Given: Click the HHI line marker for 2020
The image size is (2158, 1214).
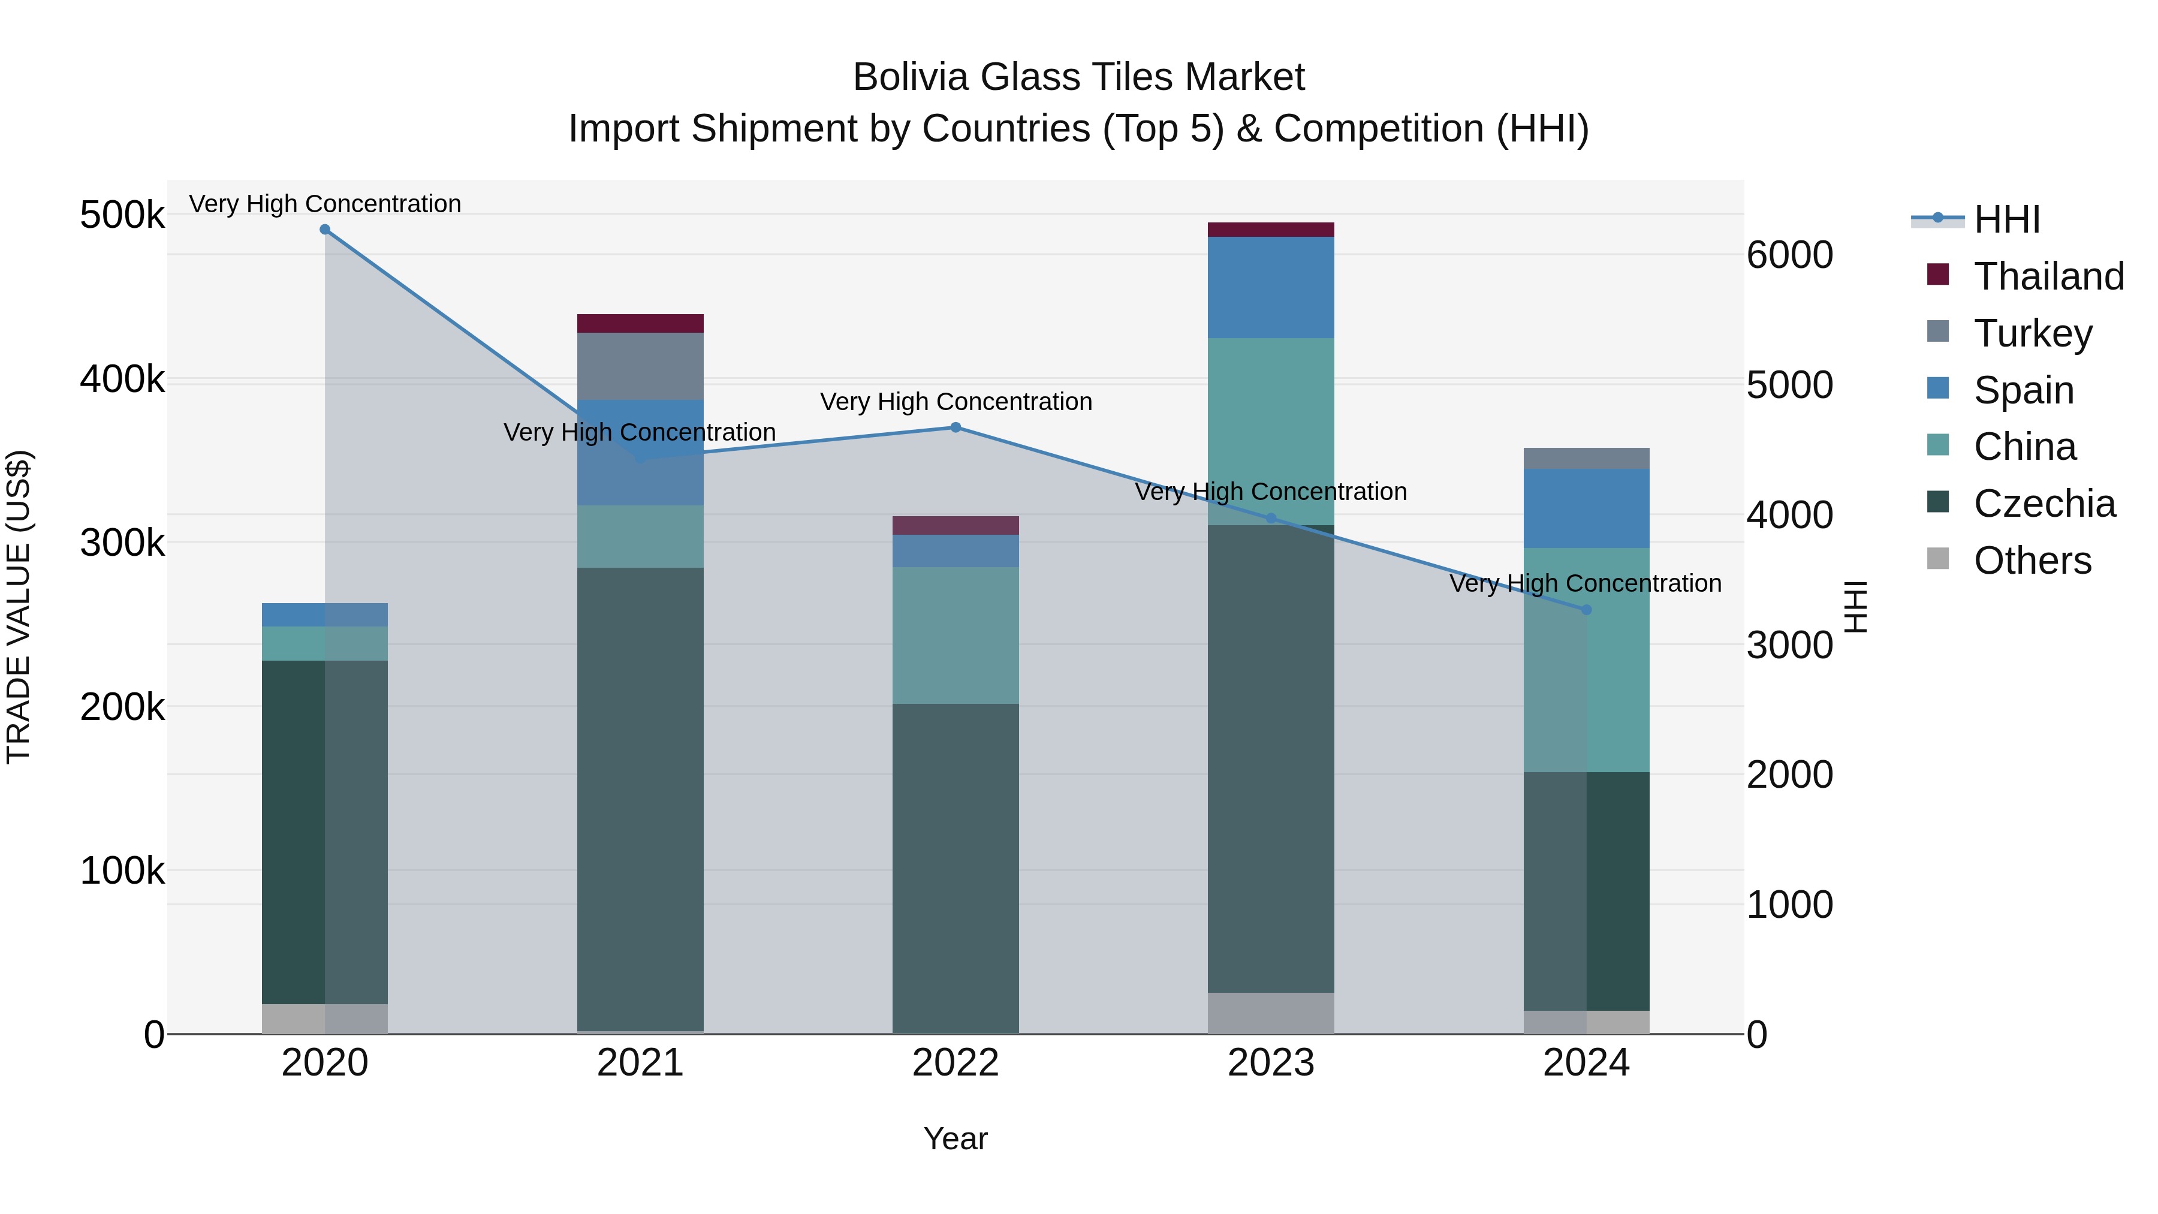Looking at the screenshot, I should (325, 230).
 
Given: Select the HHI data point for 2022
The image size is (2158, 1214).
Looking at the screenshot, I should (956, 427).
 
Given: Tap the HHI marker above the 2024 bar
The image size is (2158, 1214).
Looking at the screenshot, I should (1586, 610).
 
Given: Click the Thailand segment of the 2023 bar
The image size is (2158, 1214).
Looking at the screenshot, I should (1271, 230).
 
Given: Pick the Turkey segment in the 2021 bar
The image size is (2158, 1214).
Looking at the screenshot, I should (640, 366).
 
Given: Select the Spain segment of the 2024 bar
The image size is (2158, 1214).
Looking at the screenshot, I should (1586, 508).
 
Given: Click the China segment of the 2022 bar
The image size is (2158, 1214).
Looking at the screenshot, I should (956, 635).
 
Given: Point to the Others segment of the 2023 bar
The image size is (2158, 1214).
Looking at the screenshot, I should (1271, 1013).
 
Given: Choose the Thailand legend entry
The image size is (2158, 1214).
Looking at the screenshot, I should (2048, 276).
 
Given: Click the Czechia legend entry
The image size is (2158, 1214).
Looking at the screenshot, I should (2044, 504).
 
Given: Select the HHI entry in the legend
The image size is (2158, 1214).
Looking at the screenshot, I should (2006, 219).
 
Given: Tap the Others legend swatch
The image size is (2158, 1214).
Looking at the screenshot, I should (1937, 559).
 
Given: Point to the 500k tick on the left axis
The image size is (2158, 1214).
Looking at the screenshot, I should (122, 215).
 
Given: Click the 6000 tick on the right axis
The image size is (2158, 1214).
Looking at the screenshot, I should (1789, 255).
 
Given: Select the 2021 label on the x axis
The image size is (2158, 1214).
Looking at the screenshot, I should (640, 1063).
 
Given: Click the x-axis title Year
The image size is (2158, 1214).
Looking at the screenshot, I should (956, 1138).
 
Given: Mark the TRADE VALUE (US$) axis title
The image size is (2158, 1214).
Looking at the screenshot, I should (19, 607).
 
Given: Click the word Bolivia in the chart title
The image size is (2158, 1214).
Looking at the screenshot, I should (911, 77).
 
